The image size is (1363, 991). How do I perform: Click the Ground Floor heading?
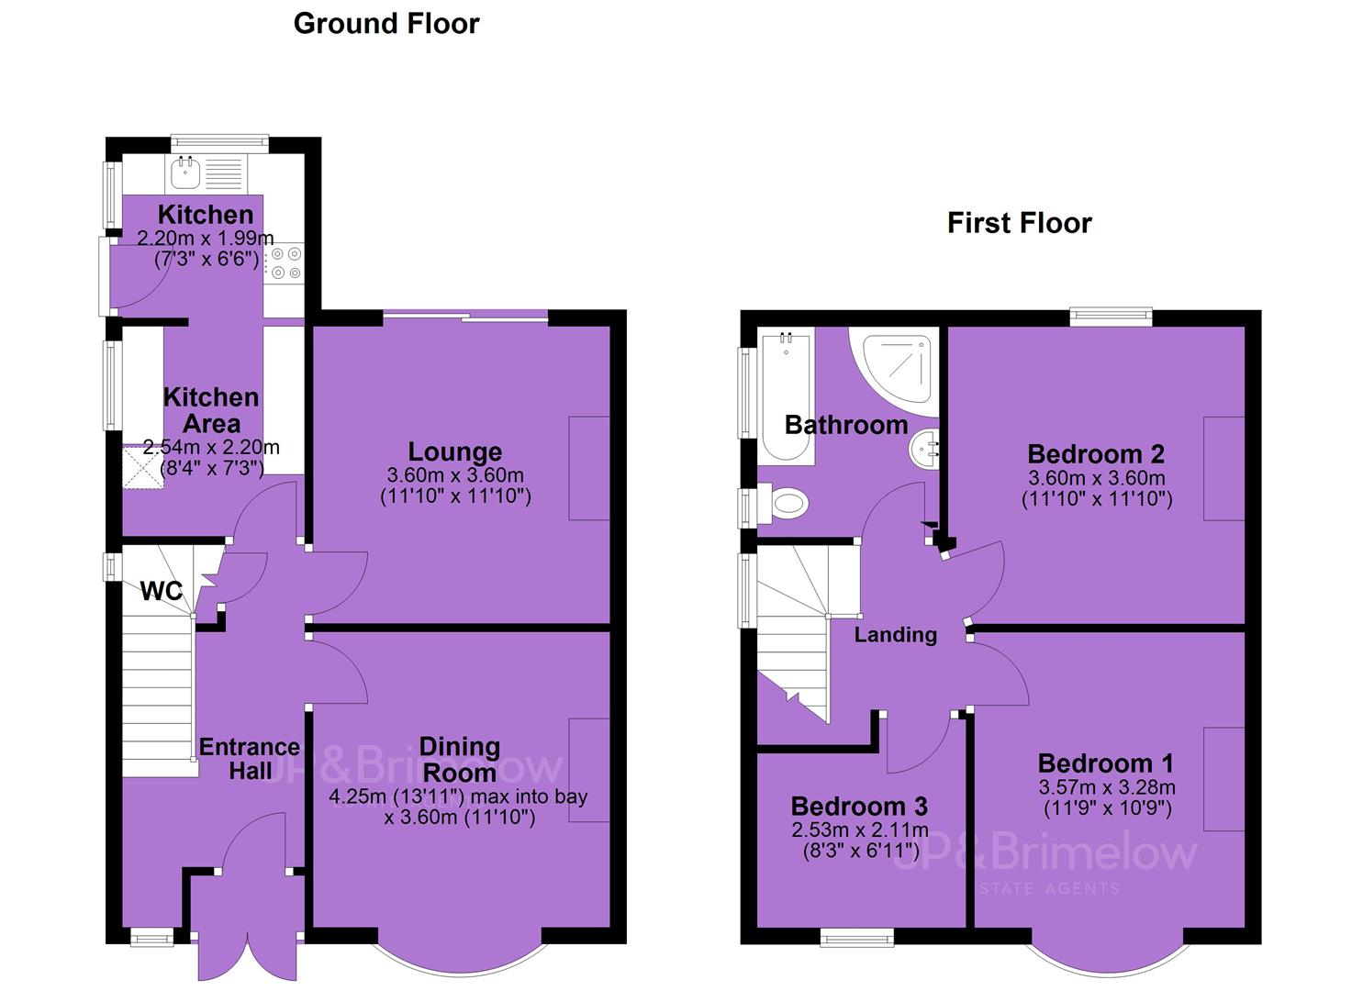pos(386,25)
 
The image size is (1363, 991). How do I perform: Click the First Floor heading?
pos(1019,223)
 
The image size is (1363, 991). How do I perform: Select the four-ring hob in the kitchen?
pos(285,263)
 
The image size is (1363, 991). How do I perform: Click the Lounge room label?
pos(455,452)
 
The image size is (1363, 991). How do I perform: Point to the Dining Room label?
pos(460,760)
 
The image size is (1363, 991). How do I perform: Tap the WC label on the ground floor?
pos(162,591)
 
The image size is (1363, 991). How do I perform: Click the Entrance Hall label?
pos(250,759)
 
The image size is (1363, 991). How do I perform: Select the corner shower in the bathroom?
pos(894,372)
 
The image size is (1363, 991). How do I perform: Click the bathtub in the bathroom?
pos(787,396)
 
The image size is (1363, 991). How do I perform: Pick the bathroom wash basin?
pos(924,450)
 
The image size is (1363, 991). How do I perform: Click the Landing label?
pos(895,635)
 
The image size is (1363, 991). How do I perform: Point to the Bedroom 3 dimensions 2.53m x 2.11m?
pos(860,830)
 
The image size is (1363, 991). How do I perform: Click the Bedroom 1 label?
pos(1106,763)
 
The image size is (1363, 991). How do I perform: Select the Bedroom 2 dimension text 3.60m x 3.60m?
pos(1097,477)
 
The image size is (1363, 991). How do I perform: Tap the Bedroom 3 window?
pos(856,938)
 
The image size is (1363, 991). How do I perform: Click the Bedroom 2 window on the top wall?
pos(1112,317)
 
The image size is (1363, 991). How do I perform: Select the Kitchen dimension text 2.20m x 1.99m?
pos(205,238)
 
